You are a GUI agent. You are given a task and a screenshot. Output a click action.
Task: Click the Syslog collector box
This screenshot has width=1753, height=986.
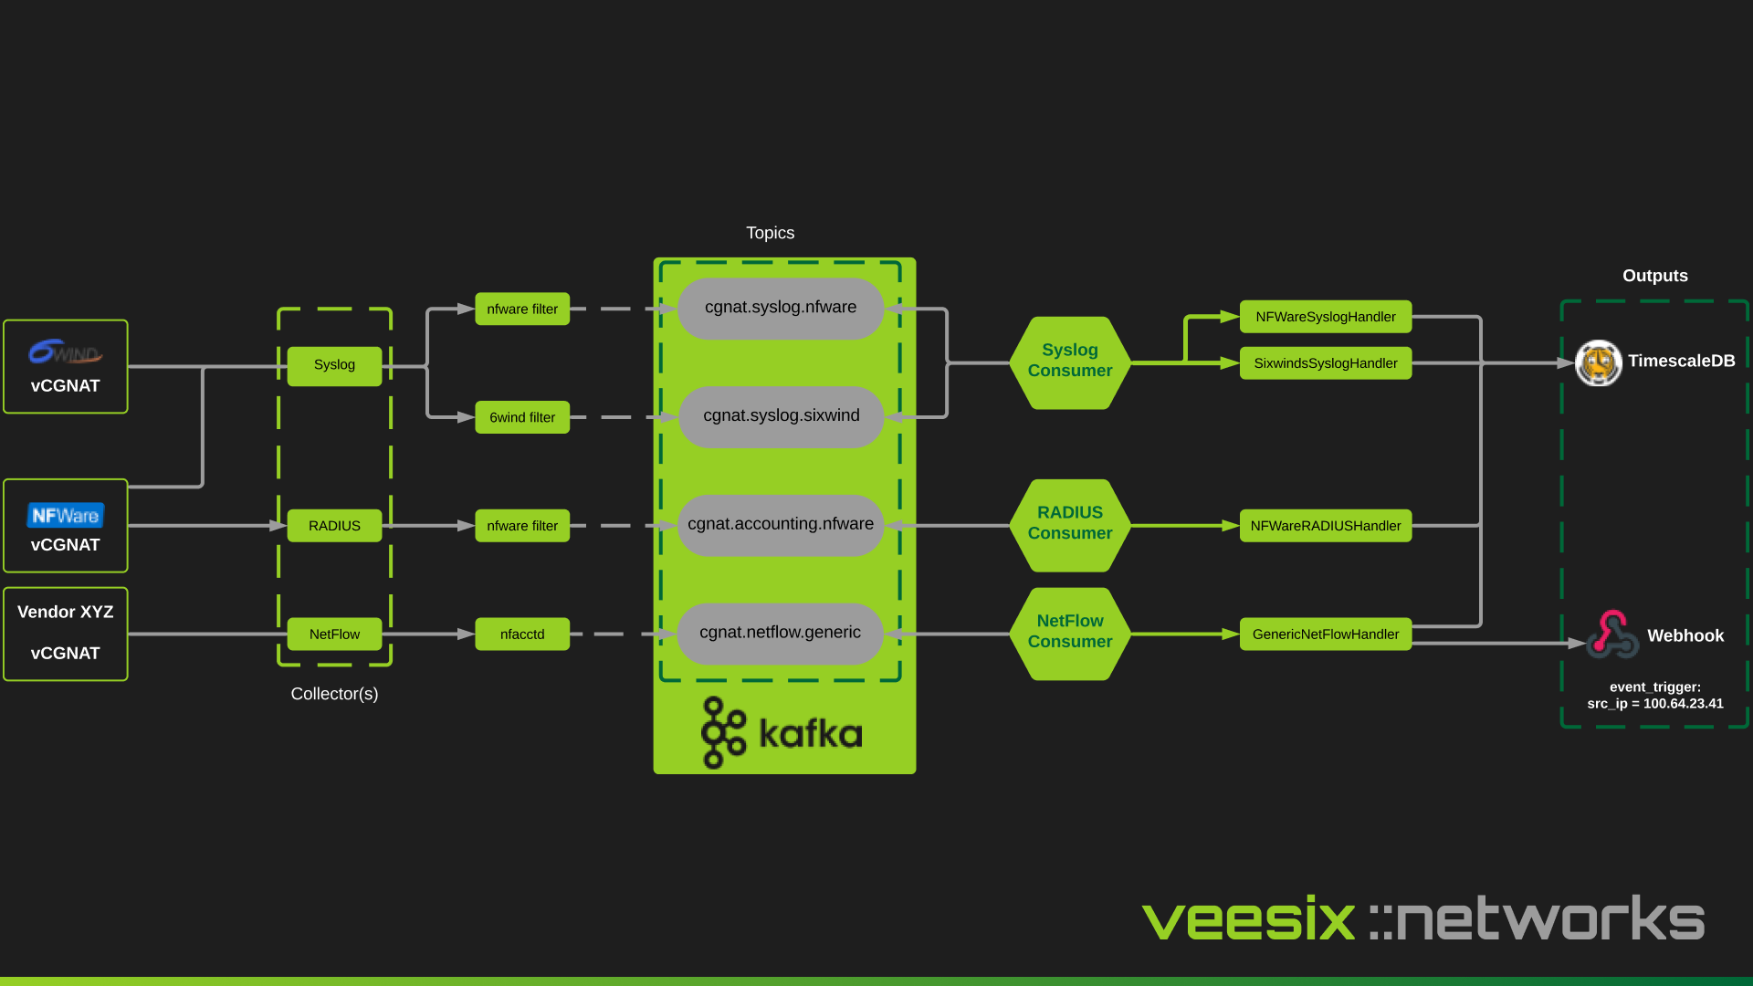(334, 365)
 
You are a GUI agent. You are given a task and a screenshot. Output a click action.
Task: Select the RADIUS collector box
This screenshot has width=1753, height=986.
(334, 526)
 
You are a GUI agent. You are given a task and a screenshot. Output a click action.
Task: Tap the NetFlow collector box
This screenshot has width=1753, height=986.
(334, 635)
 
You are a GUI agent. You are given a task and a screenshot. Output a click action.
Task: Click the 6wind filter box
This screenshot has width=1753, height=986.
(522, 417)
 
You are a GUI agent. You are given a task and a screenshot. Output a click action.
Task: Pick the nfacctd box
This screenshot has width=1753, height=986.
(522, 635)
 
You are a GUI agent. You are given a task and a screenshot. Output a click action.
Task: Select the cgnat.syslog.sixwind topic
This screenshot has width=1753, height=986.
(781, 416)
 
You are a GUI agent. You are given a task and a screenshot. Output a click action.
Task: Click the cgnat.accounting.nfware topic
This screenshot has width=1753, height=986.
(781, 525)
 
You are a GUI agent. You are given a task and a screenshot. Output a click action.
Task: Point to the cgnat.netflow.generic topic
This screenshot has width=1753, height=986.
(781, 633)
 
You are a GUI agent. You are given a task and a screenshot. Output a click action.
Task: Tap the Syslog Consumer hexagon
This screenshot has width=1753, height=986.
(1070, 362)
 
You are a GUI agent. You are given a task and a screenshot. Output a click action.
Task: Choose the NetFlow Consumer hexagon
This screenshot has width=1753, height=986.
(1070, 632)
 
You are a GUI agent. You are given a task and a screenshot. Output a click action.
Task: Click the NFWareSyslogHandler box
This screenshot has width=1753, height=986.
(1325, 317)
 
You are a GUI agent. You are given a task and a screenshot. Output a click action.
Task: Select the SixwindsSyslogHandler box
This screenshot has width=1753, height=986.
(1325, 363)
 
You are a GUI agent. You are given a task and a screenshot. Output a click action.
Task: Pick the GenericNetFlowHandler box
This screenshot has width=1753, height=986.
(1325, 635)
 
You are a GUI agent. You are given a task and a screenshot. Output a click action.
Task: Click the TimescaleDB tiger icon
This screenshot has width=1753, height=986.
(1598, 362)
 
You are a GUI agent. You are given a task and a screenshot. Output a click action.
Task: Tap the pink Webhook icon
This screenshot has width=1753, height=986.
(1612, 635)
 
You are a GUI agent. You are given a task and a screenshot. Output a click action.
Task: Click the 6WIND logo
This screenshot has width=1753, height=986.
(65, 351)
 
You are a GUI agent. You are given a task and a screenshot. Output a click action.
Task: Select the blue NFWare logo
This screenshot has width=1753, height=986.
(65, 516)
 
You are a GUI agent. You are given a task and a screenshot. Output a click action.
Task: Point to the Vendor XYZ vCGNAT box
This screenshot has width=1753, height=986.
(65, 634)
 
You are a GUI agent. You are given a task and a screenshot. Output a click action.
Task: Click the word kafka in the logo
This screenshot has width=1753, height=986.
(810, 733)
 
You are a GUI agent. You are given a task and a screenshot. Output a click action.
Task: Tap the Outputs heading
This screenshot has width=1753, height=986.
(1654, 276)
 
